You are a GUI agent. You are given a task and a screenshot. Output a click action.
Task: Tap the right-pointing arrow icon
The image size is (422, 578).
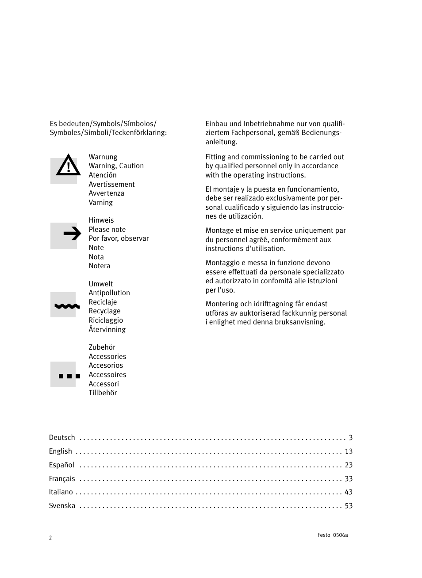pyautogui.click(x=72, y=233)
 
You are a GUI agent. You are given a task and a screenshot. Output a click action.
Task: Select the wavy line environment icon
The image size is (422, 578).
pyautogui.click(x=67, y=306)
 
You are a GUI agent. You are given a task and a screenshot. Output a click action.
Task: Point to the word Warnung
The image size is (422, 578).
pyautogui.click(x=103, y=157)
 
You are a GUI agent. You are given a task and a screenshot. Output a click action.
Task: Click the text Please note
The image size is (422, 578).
pyautogui.click(x=107, y=230)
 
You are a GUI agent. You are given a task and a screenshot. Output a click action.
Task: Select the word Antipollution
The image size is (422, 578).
pyautogui.click(x=109, y=293)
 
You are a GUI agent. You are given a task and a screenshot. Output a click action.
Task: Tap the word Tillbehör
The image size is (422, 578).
pyautogui.click(x=103, y=393)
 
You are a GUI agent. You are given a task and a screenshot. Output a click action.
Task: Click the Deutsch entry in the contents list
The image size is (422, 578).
pyautogui.click(x=62, y=438)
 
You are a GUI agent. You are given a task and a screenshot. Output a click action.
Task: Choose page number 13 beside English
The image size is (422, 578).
pyautogui.click(x=349, y=451)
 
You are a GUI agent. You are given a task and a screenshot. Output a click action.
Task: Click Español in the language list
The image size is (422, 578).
pyautogui.click(x=61, y=465)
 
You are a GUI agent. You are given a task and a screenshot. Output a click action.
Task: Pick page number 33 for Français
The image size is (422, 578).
pyautogui.click(x=349, y=479)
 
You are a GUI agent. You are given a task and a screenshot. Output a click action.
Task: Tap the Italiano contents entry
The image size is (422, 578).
pyautogui.click(x=61, y=492)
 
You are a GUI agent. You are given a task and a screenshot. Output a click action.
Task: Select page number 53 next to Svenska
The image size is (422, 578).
pyautogui.click(x=349, y=506)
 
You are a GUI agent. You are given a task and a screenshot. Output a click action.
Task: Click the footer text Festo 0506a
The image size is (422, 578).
pyautogui.click(x=333, y=535)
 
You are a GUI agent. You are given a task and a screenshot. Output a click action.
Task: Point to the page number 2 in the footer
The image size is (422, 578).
pyautogui.click(x=50, y=538)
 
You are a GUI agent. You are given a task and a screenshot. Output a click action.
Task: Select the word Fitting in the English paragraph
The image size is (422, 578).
pyautogui.click(x=216, y=157)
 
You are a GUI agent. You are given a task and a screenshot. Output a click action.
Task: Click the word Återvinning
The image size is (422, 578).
pyautogui.click(x=107, y=330)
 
